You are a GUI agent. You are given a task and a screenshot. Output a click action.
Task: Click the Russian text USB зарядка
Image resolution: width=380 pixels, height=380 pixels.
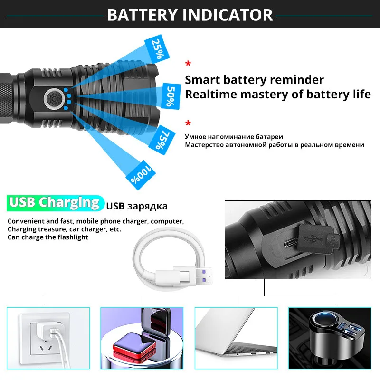click(x=137, y=206)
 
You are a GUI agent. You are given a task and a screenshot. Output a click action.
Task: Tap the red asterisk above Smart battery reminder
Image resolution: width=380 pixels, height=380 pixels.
click(x=188, y=64)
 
